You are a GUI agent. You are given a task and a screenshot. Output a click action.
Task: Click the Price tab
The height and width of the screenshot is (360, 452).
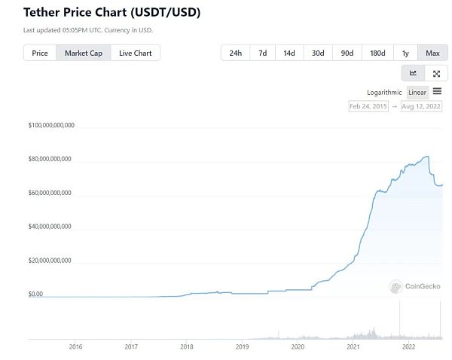[40, 53]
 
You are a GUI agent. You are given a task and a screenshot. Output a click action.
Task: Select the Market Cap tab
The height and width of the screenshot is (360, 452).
[84, 53]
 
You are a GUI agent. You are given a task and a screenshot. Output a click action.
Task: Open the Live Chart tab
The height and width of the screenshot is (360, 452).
[136, 53]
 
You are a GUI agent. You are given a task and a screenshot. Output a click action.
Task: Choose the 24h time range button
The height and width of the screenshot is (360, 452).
[236, 53]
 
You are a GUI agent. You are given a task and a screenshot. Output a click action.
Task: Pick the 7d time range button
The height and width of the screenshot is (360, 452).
[262, 53]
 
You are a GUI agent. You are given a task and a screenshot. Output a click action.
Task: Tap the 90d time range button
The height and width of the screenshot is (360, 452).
[347, 53]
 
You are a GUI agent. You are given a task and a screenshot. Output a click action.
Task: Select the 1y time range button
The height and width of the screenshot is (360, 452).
[405, 53]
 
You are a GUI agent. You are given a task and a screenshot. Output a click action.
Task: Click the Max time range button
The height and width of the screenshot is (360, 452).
[432, 53]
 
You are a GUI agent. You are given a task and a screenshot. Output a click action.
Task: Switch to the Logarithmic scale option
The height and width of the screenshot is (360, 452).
[384, 92]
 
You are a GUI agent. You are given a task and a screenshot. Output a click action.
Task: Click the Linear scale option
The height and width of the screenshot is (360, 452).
[417, 92]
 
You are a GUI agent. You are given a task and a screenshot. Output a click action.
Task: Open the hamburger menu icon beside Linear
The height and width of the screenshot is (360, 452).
[437, 91]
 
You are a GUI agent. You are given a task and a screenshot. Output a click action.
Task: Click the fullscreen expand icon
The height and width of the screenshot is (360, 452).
[436, 73]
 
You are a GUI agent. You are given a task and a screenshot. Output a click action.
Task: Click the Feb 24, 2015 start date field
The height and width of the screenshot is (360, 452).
[369, 106]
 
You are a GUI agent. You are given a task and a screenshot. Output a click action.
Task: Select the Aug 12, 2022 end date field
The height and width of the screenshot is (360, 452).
[421, 106]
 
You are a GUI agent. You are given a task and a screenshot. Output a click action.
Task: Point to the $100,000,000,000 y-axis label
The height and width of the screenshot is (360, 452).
[50, 125]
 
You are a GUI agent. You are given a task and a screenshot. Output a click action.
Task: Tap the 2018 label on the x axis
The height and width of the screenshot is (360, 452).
[186, 346]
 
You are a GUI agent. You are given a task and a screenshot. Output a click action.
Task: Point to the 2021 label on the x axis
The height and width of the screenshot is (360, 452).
[353, 346]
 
